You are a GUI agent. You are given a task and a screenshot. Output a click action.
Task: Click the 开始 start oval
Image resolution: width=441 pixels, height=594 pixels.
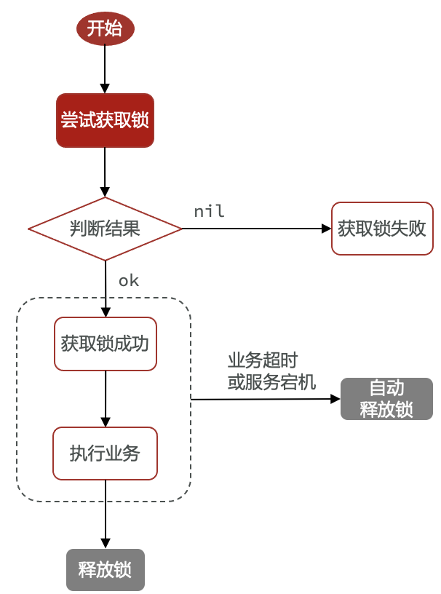pyautogui.click(x=106, y=28)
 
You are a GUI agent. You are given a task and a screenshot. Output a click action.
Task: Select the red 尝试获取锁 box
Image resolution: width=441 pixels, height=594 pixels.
pyautogui.click(x=106, y=120)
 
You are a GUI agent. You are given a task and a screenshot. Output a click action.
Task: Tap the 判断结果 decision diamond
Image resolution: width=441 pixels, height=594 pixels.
pyautogui.click(x=105, y=229)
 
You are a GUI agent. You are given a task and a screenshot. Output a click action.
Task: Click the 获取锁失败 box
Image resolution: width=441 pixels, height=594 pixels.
pyautogui.click(x=381, y=229)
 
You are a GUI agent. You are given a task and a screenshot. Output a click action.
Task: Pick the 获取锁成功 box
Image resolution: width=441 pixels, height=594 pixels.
pyautogui.click(x=106, y=344)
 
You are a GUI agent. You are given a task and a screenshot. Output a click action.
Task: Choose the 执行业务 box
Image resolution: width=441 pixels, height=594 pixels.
pyautogui.click(x=106, y=454)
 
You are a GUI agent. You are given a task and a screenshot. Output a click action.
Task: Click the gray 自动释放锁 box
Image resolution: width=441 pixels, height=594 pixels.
pyautogui.click(x=386, y=399)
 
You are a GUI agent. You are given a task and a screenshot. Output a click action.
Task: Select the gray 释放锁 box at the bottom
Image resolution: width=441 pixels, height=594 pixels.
pyautogui.click(x=106, y=569)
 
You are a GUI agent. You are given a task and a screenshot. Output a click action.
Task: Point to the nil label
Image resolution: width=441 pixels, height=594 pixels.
pyautogui.click(x=209, y=212)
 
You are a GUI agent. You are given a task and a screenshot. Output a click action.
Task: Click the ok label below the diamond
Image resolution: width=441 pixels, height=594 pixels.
pyautogui.click(x=128, y=281)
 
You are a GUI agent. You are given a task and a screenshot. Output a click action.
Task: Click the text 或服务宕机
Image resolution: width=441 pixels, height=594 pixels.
pyautogui.click(x=271, y=382)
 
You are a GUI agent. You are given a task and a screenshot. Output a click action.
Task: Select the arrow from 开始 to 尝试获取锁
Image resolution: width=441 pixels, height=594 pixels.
pyautogui.click(x=106, y=69)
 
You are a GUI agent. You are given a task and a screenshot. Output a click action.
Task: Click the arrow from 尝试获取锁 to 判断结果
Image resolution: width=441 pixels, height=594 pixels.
pyautogui.click(x=106, y=172)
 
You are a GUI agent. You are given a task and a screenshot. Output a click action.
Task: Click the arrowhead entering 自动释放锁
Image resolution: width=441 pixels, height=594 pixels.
pyautogui.click(x=335, y=399)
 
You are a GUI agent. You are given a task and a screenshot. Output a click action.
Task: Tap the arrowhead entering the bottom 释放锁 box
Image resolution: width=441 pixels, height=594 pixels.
pyautogui.click(x=106, y=543)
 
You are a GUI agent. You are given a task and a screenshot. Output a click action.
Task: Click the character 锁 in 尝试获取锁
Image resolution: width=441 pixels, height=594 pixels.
pyautogui.click(x=140, y=120)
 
